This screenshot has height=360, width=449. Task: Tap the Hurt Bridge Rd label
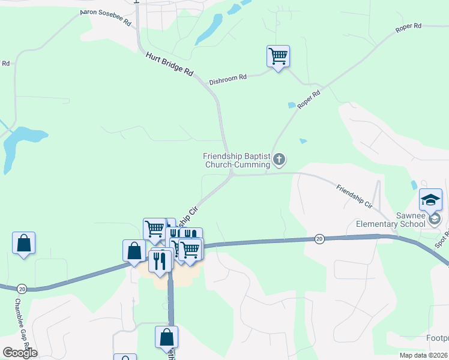point(170,64)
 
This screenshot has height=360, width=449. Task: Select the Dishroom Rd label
point(228,79)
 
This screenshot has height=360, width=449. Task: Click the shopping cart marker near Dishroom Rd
point(278,56)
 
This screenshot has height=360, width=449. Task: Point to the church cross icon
point(279,160)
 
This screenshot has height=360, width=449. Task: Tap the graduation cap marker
point(430,200)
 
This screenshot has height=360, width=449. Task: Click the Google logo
point(20,353)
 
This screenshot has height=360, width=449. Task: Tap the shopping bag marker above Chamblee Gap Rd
point(23,243)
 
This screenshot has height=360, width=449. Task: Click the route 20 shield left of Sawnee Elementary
point(319,239)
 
